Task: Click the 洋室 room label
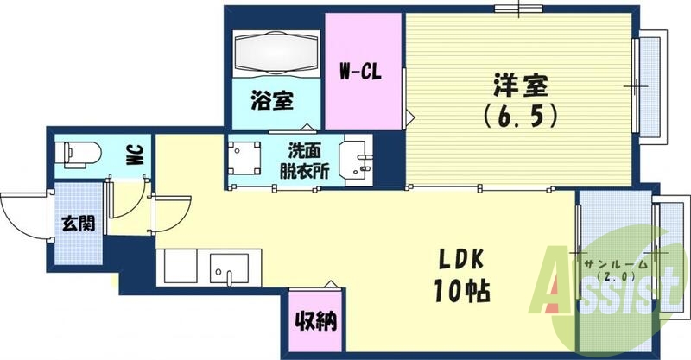click(522, 87)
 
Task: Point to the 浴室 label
click(271, 101)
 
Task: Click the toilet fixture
click(78, 155)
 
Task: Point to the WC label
click(136, 156)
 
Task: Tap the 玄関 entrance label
click(78, 223)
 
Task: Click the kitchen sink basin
click(230, 268)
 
